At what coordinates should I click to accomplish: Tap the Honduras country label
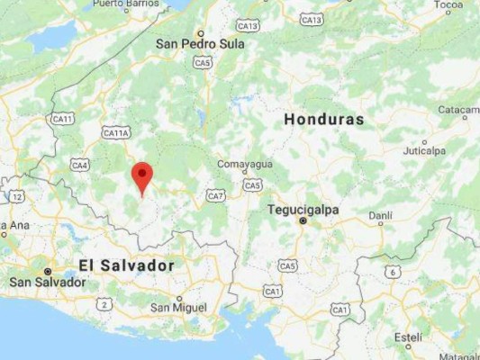[323, 120]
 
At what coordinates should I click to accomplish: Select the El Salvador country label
[126, 265]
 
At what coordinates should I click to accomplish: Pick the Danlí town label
[380, 215]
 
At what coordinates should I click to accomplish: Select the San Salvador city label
[48, 282]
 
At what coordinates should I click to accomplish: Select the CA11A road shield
[116, 133]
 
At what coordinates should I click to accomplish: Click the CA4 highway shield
[80, 165]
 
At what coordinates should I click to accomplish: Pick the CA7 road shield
[215, 195]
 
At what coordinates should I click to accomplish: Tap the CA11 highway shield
[62, 118]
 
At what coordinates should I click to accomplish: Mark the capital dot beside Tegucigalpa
[303, 220]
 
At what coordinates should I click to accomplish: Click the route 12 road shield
[17, 195]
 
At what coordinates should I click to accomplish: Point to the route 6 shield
[392, 271]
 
